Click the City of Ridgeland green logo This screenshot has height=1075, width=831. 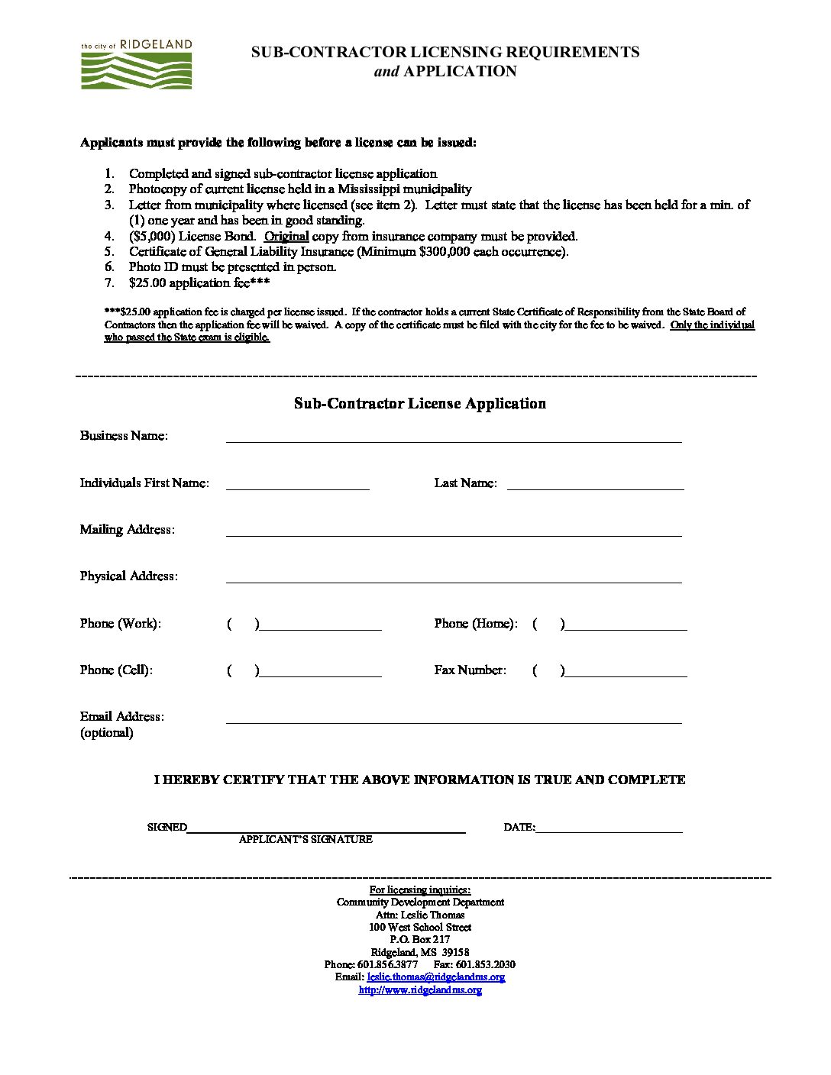click(137, 66)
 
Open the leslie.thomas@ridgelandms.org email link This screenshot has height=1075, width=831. click(435, 977)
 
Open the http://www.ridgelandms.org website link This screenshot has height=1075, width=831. click(420, 990)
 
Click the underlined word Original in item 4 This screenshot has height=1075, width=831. click(286, 237)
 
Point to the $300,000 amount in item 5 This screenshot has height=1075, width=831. click(444, 252)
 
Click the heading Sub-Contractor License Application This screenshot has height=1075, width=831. click(419, 404)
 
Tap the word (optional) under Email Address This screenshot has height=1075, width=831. click(107, 733)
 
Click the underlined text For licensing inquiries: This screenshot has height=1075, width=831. click(420, 889)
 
